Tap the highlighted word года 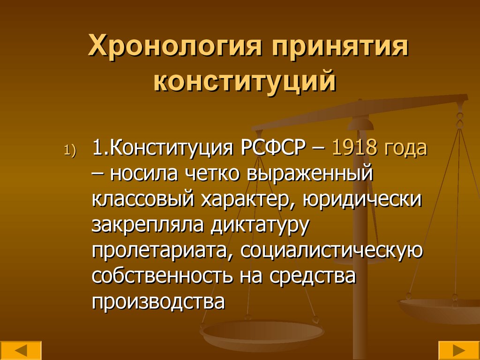coord(406,149)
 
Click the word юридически coord(362,200)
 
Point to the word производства coord(159,302)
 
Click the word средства coord(313,277)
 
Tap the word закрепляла coord(148,225)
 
